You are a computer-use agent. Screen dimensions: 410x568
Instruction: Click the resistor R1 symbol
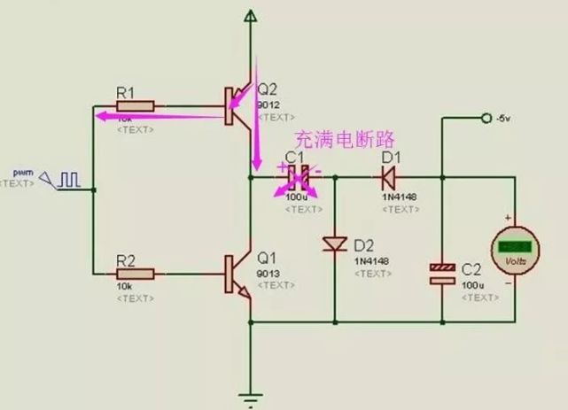pos(136,105)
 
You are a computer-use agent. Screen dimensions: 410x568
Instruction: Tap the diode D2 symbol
pos(335,243)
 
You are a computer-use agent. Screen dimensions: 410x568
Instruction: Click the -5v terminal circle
pos(485,118)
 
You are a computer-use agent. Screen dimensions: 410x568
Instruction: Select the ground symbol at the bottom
pos(253,397)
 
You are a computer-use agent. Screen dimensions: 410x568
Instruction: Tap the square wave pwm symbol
pos(69,179)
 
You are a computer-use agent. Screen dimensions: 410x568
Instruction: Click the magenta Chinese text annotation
pos(343,139)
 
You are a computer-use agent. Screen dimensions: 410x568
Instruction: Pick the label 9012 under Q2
pos(267,104)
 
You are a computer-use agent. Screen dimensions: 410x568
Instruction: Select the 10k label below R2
pos(125,287)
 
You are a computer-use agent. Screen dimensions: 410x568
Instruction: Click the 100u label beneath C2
pos(471,286)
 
